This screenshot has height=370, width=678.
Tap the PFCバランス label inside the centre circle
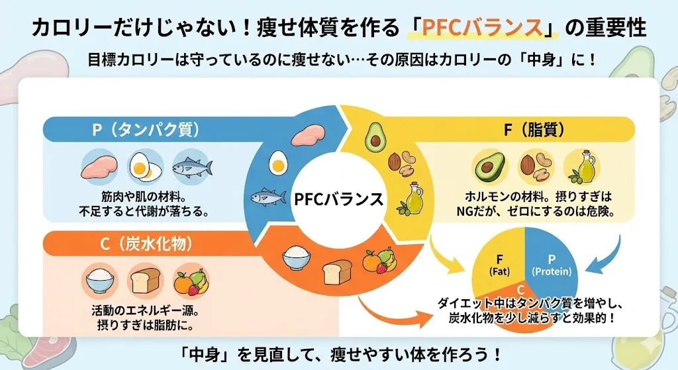[x=339, y=198]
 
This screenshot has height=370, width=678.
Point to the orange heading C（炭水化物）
[x=146, y=244]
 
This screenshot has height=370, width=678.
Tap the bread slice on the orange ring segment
[x=334, y=271]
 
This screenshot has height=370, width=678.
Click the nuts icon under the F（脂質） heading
[x=536, y=167]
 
